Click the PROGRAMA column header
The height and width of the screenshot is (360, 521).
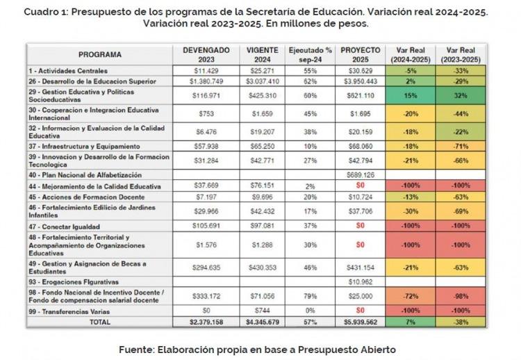pos(99,54)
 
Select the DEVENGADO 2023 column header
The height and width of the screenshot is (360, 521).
pos(206,55)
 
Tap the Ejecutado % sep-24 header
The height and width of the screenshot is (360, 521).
pos(310,55)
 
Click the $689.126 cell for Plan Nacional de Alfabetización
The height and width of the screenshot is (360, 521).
pos(360,175)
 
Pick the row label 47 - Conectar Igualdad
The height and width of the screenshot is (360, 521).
pos(64,227)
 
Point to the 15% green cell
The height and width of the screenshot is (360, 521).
pos(411,96)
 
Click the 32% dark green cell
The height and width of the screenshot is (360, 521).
pos(461,96)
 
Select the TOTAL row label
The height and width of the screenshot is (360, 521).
pos(99,322)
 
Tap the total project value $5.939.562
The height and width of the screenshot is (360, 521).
pos(360,322)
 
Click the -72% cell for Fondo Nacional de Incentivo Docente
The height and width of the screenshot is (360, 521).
pos(411,296)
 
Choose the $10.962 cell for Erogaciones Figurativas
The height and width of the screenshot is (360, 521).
pos(360,282)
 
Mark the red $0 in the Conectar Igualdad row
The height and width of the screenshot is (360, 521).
pos(360,226)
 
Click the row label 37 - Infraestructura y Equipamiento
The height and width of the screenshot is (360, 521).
pos(84,146)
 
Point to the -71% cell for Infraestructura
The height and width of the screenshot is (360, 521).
pos(461,146)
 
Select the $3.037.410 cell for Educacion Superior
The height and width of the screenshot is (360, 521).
pos(263,81)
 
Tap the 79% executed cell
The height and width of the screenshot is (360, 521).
pos(310,296)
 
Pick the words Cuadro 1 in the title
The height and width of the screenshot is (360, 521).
pos(46,13)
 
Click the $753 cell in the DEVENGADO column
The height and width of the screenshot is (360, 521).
pos(206,114)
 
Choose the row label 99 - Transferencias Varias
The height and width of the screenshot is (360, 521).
pos(69,312)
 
